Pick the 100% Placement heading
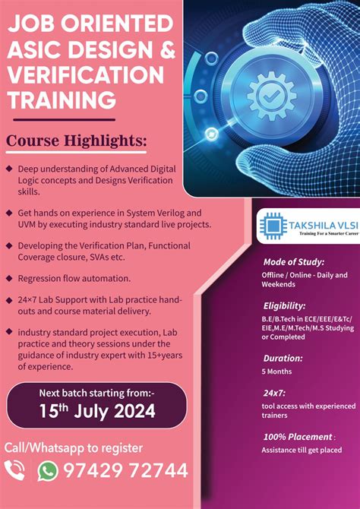click(x=297, y=437)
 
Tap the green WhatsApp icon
click(x=48, y=471)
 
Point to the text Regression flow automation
click(x=74, y=278)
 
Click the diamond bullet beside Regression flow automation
click(x=8, y=278)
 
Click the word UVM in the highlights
click(x=29, y=225)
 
